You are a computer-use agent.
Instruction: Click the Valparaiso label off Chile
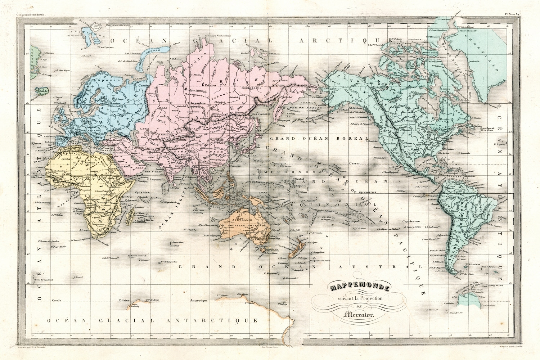click(443, 234)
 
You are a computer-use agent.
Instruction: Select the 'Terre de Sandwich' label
click(44, 280)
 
